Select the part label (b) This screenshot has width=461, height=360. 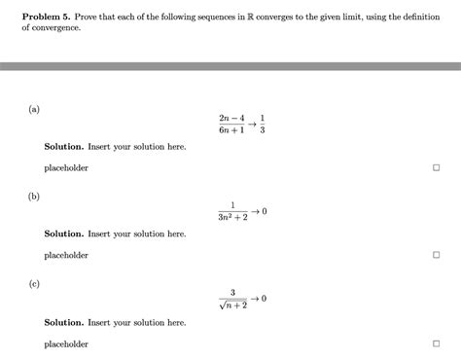tap(33, 197)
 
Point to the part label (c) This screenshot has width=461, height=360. tap(33, 285)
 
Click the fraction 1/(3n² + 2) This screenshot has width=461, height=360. tap(232, 212)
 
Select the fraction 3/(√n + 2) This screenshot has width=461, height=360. tap(232, 299)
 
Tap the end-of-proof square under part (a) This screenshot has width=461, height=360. tap(436, 167)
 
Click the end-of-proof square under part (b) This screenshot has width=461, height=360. tap(436, 256)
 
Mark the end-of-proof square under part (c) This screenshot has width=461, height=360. tap(436, 344)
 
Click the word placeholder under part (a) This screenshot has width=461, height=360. tap(66, 167)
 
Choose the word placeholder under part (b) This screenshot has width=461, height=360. tap(66, 256)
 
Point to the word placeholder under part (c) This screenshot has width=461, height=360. tap(66, 344)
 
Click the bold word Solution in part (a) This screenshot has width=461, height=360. tap(64, 146)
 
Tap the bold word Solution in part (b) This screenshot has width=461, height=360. tap(64, 234)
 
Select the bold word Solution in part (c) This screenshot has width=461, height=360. tap(64, 322)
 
